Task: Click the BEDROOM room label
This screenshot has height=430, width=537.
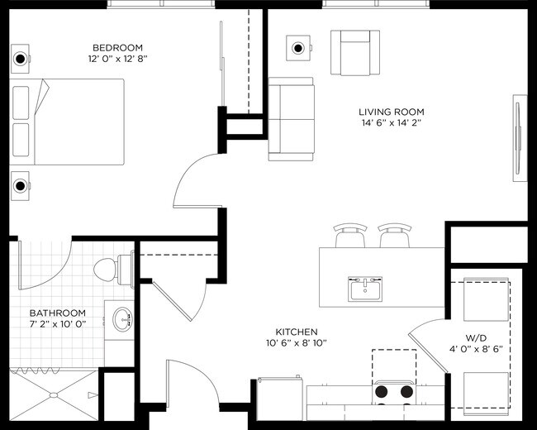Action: pyautogui.click(x=117, y=47)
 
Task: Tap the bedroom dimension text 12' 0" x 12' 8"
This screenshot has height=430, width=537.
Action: pyautogui.click(x=117, y=60)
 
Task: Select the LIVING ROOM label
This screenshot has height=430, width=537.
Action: pyautogui.click(x=391, y=112)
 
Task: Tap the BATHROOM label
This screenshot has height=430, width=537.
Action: pyautogui.click(x=58, y=313)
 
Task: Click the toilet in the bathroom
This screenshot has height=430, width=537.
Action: pyautogui.click(x=112, y=269)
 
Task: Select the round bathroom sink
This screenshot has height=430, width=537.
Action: pyautogui.click(x=122, y=318)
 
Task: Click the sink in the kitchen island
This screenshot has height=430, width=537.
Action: pyautogui.click(x=365, y=289)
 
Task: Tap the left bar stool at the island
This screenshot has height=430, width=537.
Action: pyautogui.click(x=349, y=236)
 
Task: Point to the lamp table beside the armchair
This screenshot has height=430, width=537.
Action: pyautogui.click(x=298, y=48)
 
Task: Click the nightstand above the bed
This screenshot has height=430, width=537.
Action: pyautogui.click(x=21, y=59)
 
